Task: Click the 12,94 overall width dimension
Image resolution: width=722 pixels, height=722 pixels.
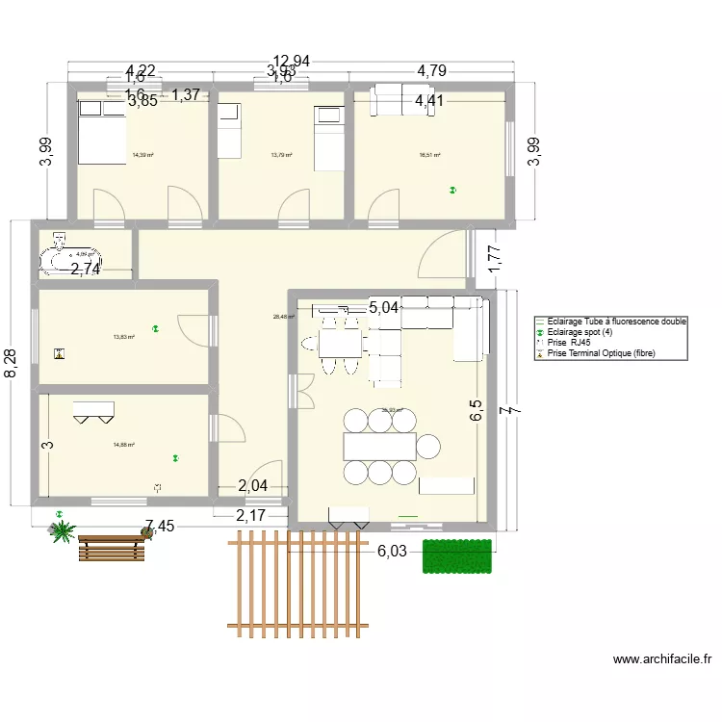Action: (291, 62)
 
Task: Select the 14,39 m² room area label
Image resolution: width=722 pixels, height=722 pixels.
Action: (143, 155)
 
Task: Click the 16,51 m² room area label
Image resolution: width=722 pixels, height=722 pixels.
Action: (429, 155)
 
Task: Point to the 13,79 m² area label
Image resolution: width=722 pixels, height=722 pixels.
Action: (281, 155)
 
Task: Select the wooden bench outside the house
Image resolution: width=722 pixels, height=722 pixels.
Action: (110, 547)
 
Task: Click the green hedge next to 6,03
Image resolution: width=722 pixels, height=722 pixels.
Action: (457, 556)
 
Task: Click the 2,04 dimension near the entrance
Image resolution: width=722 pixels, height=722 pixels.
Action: (253, 486)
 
